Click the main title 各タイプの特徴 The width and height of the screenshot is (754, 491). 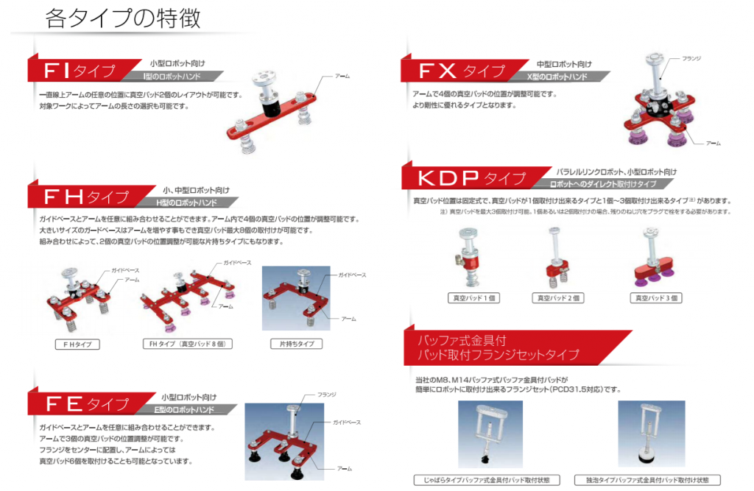(x=123, y=18)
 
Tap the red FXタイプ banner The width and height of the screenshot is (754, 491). (x=462, y=71)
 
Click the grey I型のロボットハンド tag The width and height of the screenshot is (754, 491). (x=172, y=77)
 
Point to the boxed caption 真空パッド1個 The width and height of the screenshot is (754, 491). (x=473, y=298)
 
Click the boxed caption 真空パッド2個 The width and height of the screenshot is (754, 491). (x=558, y=298)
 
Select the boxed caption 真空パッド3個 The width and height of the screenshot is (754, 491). (x=656, y=298)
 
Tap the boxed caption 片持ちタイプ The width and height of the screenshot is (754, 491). (x=297, y=344)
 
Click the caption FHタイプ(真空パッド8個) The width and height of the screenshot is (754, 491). (x=188, y=344)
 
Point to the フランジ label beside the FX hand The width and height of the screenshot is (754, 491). (x=691, y=58)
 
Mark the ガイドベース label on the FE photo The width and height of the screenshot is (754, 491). (x=346, y=423)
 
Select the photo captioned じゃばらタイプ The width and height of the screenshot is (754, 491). (x=490, y=434)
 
